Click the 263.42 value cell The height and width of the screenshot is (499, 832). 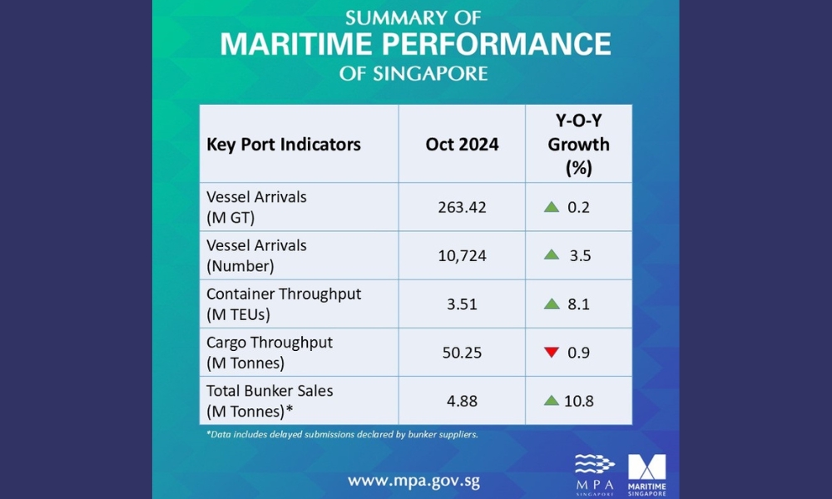point(462,207)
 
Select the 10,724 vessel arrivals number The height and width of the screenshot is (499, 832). point(462,255)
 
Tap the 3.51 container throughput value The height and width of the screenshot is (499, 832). point(462,304)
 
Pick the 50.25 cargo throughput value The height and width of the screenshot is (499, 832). point(462,352)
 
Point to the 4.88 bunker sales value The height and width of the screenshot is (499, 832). point(462,400)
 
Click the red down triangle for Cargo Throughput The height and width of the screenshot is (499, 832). point(551,352)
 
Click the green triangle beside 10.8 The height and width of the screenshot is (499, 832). point(551,400)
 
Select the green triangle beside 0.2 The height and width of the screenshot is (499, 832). point(551,207)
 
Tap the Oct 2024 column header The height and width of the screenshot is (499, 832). point(462,144)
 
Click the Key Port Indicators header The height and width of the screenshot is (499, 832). point(284,144)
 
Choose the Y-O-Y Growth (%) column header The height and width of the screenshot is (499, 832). point(578,144)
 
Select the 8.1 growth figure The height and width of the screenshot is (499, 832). point(580,304)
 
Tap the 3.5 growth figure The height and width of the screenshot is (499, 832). point(580,255)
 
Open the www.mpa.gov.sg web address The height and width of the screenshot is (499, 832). point(414,481)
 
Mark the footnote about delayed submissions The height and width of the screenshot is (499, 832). point(341,434)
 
